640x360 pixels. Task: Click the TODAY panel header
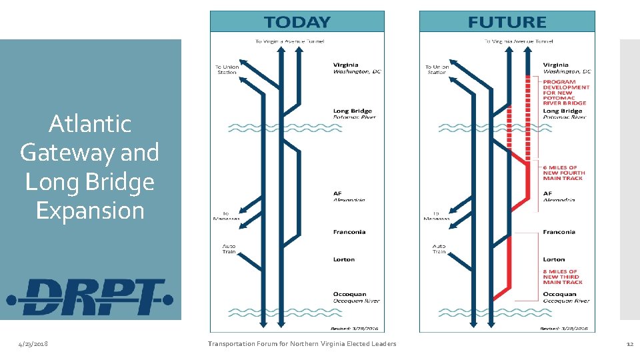click(x=297, y=22)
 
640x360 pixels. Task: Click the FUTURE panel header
click(x=507, y=22)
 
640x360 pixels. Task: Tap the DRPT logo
click(x=90, y=297)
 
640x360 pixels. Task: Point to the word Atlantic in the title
click(x=90, y=124)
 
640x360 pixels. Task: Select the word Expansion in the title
click(x=90, y=211)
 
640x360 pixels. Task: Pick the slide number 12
click(x=629, y=344)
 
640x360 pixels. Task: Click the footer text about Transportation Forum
click(x=302, y=344)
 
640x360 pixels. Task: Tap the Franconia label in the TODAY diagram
click(x=349, y=232)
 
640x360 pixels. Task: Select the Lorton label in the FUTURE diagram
click(x=553, y=259)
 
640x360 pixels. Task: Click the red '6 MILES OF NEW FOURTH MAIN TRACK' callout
click(x=563, y=173)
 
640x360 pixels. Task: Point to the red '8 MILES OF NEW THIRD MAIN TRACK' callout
click(x=563, y=277)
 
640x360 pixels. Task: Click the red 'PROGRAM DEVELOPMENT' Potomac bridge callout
click(x=566, y=92)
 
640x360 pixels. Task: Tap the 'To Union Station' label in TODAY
click(x=227, y=69)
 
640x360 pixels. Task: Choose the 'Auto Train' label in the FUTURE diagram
click(x=439, y=249)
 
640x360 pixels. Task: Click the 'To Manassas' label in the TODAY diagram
click(x=226, y=216)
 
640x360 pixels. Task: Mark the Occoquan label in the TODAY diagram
click(x=350, y=294)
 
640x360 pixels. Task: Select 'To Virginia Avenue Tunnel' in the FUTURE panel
click(x=518, y=41)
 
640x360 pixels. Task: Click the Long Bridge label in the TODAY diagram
click(x=353, y=111)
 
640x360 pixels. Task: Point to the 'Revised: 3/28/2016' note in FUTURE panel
click(x=564, y=329)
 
